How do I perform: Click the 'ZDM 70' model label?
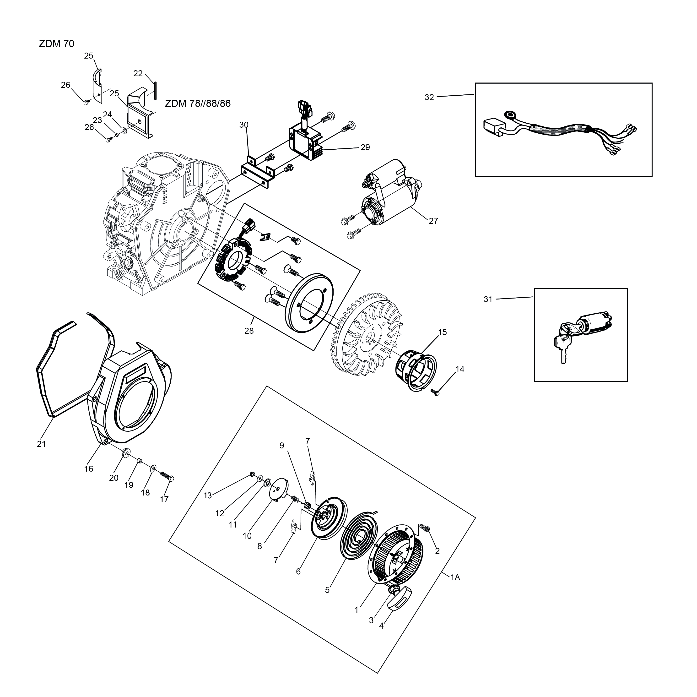[x=56, y=44]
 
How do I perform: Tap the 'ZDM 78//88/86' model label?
[x=198, y=103]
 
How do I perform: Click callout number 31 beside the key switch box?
[x=488, y=299]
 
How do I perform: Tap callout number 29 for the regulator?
[x=365, y=147]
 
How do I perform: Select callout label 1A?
[x=455, y=577]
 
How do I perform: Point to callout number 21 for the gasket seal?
[x=42, y=444]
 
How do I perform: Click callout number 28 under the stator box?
[x=249, y=331]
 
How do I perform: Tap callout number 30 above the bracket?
[x=244, y=125]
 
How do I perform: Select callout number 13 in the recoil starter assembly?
[x=208, y=496]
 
